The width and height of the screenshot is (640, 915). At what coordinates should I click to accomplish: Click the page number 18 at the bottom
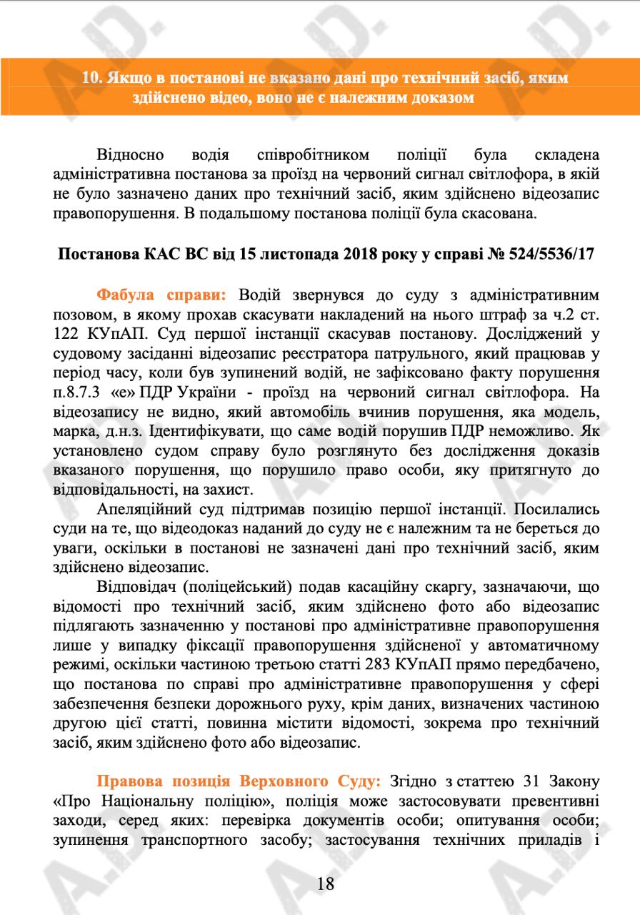pos(326,884)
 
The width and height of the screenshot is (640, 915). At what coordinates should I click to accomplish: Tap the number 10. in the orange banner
pos(92,78)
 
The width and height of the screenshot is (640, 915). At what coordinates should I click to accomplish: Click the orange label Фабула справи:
pos(161,295)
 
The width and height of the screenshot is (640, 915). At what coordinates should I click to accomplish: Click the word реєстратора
pos(303,352)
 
